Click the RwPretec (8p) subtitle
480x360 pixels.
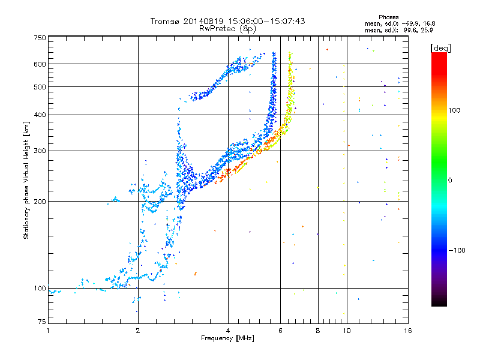click(227, 29)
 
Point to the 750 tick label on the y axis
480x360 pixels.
click(40, 38)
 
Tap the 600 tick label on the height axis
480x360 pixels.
click(40, 64)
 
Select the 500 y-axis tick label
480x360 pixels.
click(40, 87)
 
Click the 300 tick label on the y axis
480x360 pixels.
click(40, 151)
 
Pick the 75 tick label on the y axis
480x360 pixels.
click(41, 322)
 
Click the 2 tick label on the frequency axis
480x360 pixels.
click(138, 331)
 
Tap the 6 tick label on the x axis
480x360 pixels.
click(280, 331)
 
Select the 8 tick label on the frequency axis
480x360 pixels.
click(318, 331)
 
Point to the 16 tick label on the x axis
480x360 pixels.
click(408, 331)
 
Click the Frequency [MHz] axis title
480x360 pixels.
click(227, 338)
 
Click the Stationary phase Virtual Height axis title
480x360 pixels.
click(26, 181)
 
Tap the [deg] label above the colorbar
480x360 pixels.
click(441, 48)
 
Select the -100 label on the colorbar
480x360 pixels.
click(457, 250)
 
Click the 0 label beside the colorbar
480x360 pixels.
click(450, 181)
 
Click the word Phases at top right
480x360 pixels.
click(388, 17)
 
